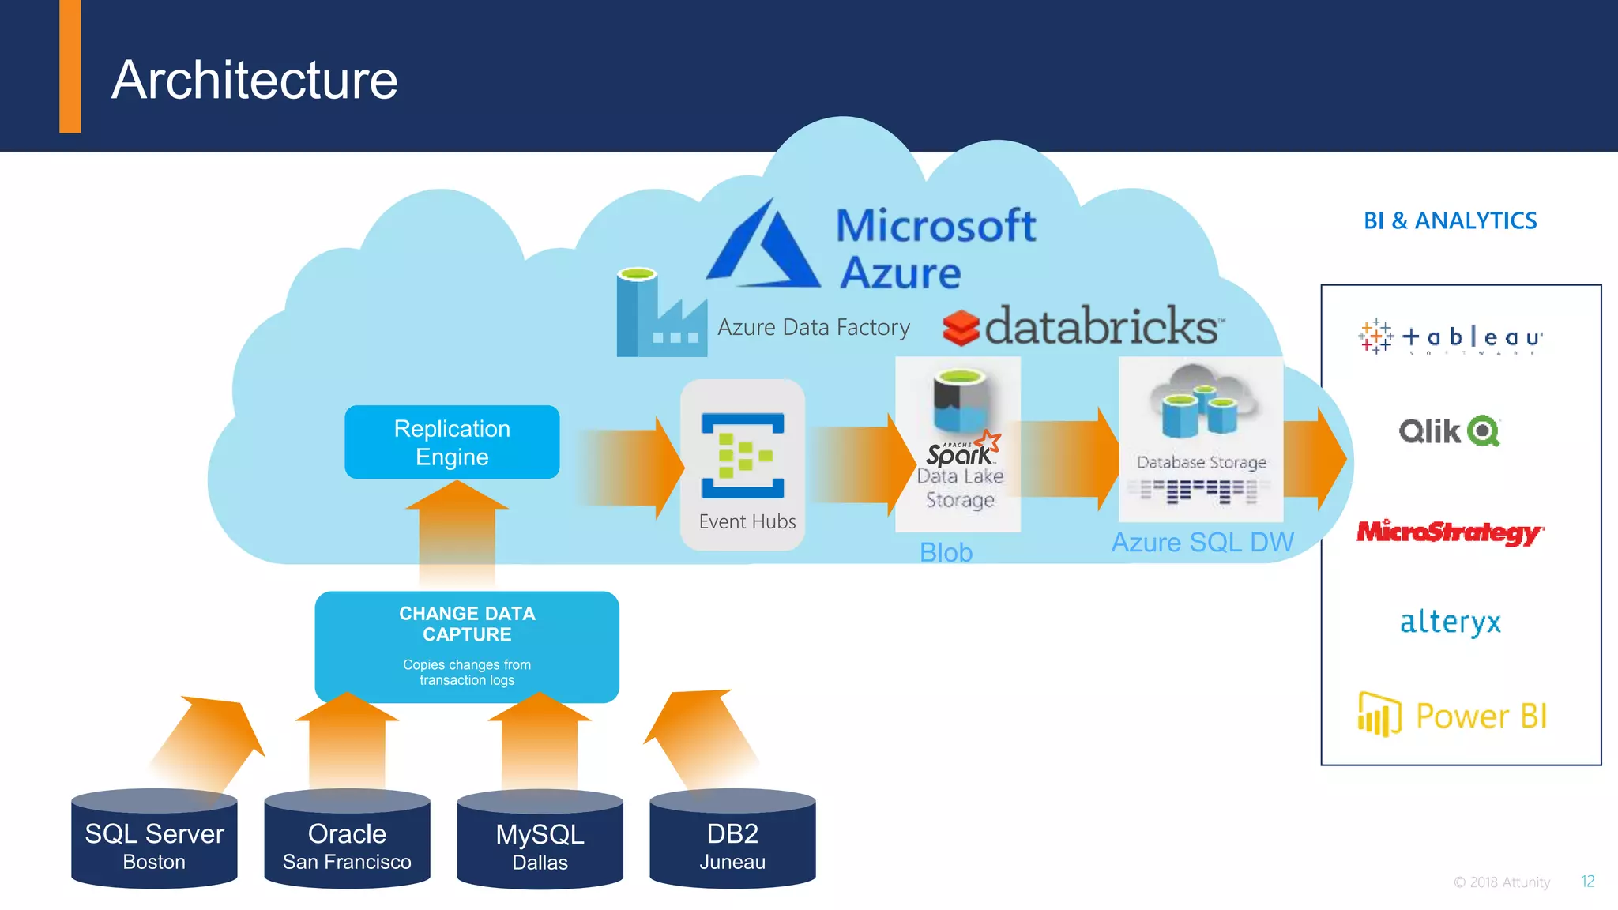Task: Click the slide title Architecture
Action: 254,80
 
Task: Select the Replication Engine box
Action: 452,442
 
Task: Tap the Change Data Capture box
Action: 467,645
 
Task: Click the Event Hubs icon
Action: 743,456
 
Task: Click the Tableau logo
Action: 1451,337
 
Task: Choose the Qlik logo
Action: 1449,431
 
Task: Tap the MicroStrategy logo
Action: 1449,532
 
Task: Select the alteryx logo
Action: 1450,622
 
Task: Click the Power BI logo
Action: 1452,716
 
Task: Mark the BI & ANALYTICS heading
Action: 1450,220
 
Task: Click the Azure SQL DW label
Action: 1202,543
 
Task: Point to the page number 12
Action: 1587,882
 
